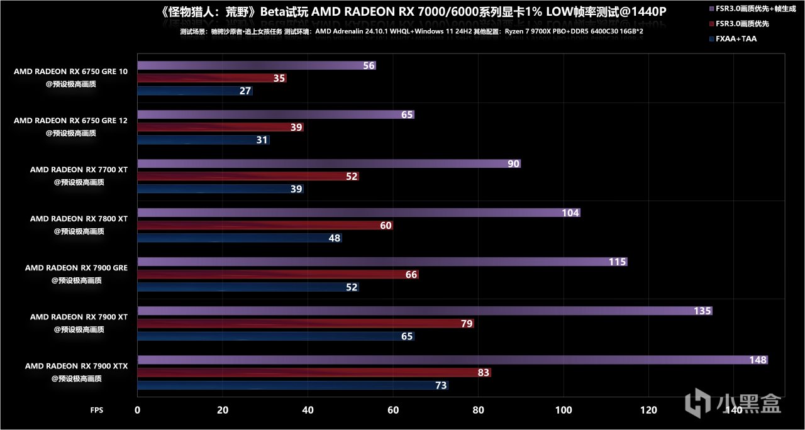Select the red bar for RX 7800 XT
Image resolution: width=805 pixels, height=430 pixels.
click(x=265, y=226)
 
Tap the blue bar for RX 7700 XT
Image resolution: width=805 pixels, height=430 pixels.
click(x=220, y=189)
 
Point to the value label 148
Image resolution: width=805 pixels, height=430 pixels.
click(x=758, y=360)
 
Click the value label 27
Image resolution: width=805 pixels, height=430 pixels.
click(x=245, y=91)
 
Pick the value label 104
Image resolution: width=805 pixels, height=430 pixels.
click(x=570, y=213)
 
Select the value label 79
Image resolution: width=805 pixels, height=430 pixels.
click(x=466, y=324)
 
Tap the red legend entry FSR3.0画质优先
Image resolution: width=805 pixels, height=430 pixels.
click(x=747, y=24)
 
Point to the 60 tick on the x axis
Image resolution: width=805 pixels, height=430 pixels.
click(x=393, y=410)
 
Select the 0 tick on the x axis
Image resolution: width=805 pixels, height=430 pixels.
click(x=138, y=410)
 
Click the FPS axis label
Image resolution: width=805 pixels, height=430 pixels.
click(x=97, y=410)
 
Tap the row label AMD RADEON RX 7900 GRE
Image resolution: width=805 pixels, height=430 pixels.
click(x=76, y=268)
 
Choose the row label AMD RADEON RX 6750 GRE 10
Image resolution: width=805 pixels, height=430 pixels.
click(x=70, y=72)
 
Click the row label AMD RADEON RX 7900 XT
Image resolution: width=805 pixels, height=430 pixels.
click(x=79, y=317)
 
